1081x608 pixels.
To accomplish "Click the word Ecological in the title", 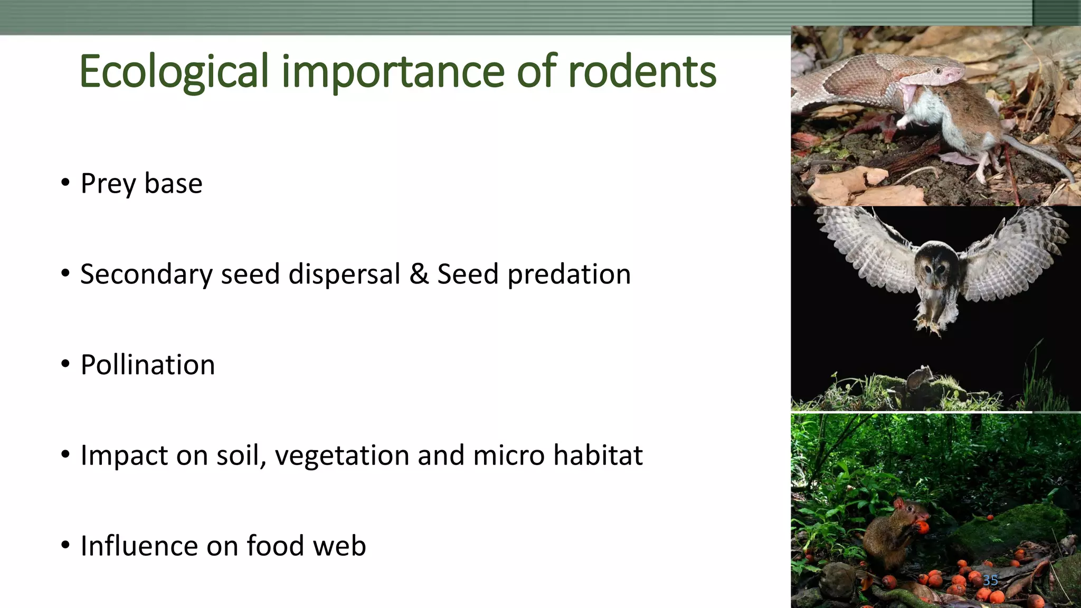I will point(174,72).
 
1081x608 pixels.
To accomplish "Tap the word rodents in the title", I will point(642,72).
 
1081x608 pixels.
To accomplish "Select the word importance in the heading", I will point(393,72).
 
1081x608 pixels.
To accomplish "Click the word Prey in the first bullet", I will point(108,184).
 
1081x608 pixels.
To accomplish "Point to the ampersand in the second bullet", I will point(419,274).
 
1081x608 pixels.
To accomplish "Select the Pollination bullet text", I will point(148,365).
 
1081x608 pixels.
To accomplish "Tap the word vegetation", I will point(342,455).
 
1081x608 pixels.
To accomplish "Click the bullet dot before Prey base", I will point(65,183).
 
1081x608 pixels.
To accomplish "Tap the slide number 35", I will point(990,580).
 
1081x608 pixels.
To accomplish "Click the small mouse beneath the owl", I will point(919,377).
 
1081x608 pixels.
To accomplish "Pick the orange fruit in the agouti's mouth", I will point(922,526).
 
